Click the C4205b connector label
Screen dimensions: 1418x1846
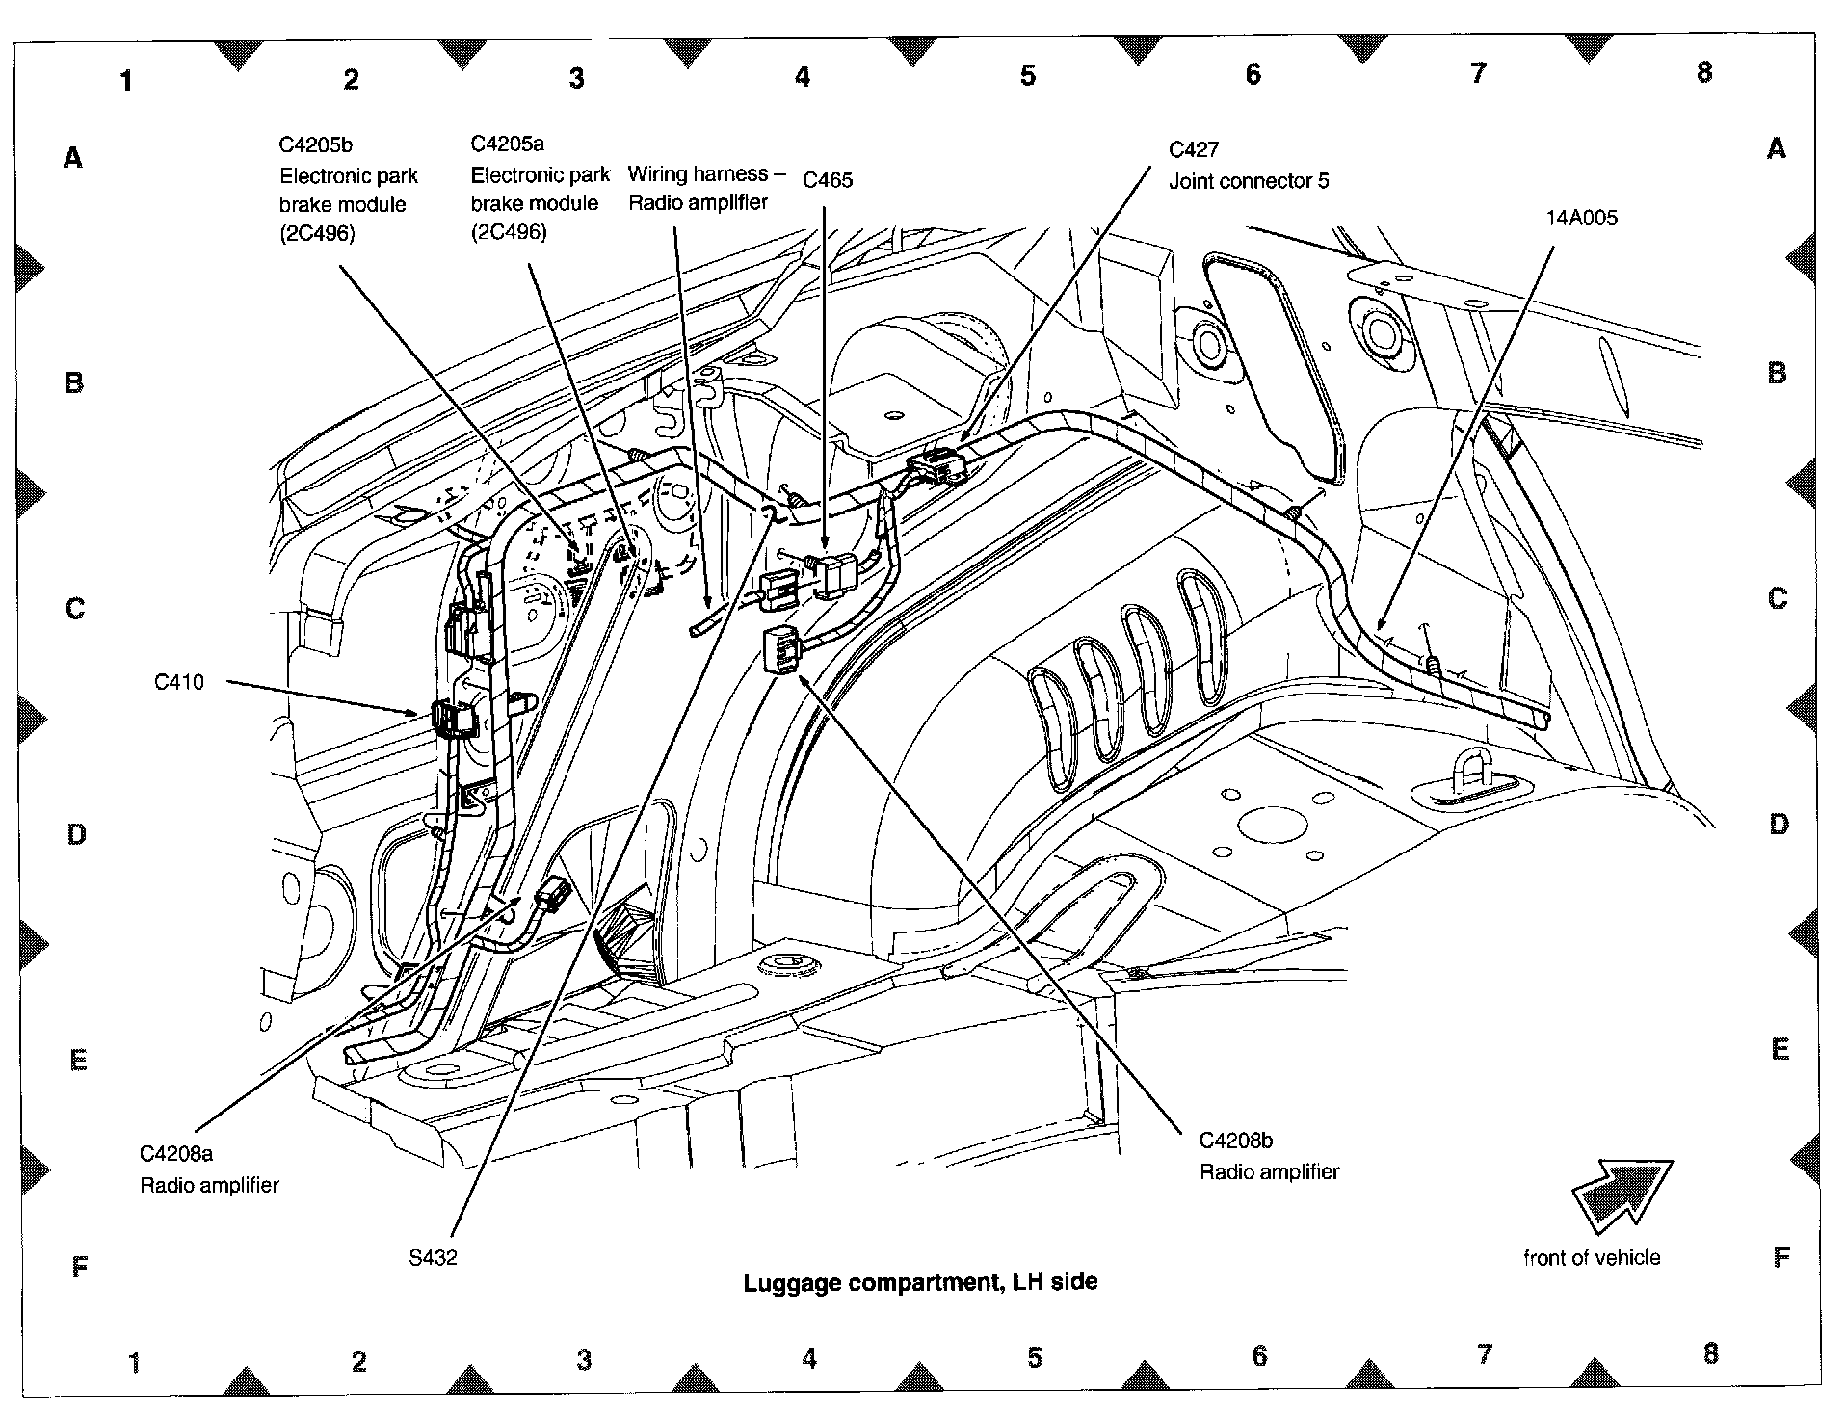[315, 145]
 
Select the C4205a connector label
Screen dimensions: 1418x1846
[507, 144]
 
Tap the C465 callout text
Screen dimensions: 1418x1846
[828, 180]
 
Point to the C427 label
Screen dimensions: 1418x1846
[1193, 149]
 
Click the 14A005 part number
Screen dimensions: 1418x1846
[1581, 218]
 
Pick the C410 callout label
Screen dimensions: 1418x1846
[179, 682]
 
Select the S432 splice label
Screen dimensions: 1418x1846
[433, 1257]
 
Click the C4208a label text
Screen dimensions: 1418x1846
[176, 1153]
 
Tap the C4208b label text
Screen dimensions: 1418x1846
[1236, 1141]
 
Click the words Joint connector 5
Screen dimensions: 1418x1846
[1249, 181]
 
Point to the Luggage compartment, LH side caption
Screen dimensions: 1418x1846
[920, 1282]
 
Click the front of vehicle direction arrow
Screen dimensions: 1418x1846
[1622, 1195]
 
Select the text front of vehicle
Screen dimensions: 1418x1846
[1592, 1257]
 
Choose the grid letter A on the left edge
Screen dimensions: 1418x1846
[72, 157]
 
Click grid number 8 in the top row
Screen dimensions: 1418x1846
[1704, 72]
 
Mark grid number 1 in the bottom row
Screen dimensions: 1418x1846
[134, 1362]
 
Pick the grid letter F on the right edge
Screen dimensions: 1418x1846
[1781, 1256]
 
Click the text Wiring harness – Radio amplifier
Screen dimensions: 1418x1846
[699, 188]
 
